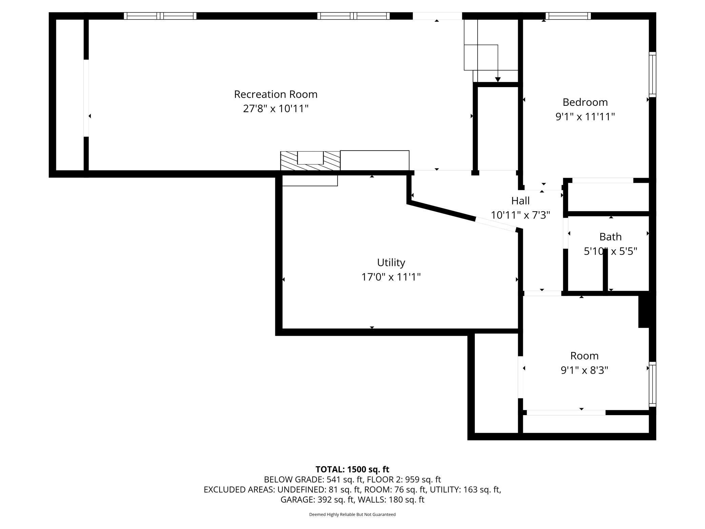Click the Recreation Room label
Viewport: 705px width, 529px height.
click(276, 94)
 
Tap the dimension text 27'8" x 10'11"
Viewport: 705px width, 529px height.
click(276, 109)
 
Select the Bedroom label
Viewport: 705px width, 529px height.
click(585, 102)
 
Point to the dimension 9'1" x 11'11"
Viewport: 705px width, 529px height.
click(585, 117)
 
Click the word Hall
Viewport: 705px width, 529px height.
click(520, 201)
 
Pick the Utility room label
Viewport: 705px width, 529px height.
click(391, 262)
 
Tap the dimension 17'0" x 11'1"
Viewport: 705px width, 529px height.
click(391, 277)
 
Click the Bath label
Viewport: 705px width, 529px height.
click(610, 236)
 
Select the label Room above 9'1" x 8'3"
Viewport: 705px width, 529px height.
click(584, 356)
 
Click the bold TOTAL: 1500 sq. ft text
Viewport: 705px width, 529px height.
click(352, 469)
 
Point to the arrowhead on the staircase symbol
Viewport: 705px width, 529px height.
click(498, 80)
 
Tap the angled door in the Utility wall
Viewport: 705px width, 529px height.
click(495, 224)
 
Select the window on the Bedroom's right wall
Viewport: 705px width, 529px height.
click(652, 75)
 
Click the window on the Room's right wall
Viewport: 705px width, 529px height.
click(652, 384)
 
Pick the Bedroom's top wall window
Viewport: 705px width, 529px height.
click(568, 16)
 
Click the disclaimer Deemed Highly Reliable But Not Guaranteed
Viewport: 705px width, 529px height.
click(352, 514)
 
